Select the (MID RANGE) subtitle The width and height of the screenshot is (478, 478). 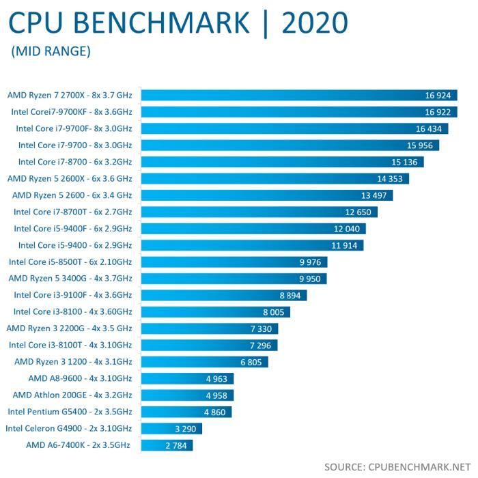(x=51, y=51)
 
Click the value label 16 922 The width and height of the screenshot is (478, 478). (x=438, y=112)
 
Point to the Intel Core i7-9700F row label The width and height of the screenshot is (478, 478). (x=74, y=128)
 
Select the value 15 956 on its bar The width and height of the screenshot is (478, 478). (x=419, y=145)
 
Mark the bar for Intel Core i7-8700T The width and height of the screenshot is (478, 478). (x=259, y=212)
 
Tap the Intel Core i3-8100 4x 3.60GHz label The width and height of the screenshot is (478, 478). (x=74, y=311)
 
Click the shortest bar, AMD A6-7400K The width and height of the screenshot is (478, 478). (x=167, y=445)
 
